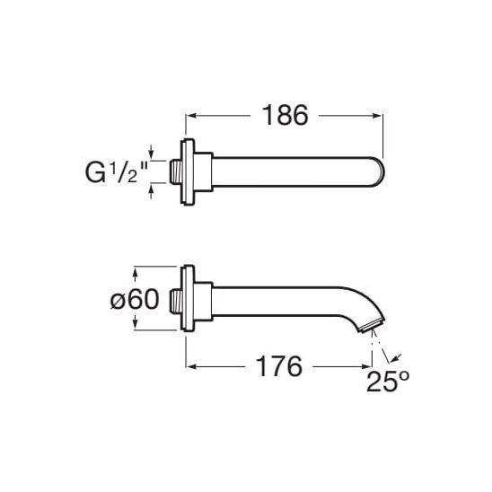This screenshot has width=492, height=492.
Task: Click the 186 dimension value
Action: (x=285, y=115)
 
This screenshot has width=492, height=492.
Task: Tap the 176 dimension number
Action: (x=279, y=366)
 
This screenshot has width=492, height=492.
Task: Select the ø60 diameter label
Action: (x=135, y=299)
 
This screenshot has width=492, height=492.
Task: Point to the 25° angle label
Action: (x=388, y=382)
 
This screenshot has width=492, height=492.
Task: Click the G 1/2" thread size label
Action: (x=117, y=172)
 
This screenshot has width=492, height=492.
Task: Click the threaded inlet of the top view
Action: (x=176, y=171)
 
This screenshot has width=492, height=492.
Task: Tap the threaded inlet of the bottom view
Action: (x=176, y=302)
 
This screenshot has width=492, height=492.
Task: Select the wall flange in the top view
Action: (x=188, y=172)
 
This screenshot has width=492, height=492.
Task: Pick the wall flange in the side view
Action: (x=188, y=298)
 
